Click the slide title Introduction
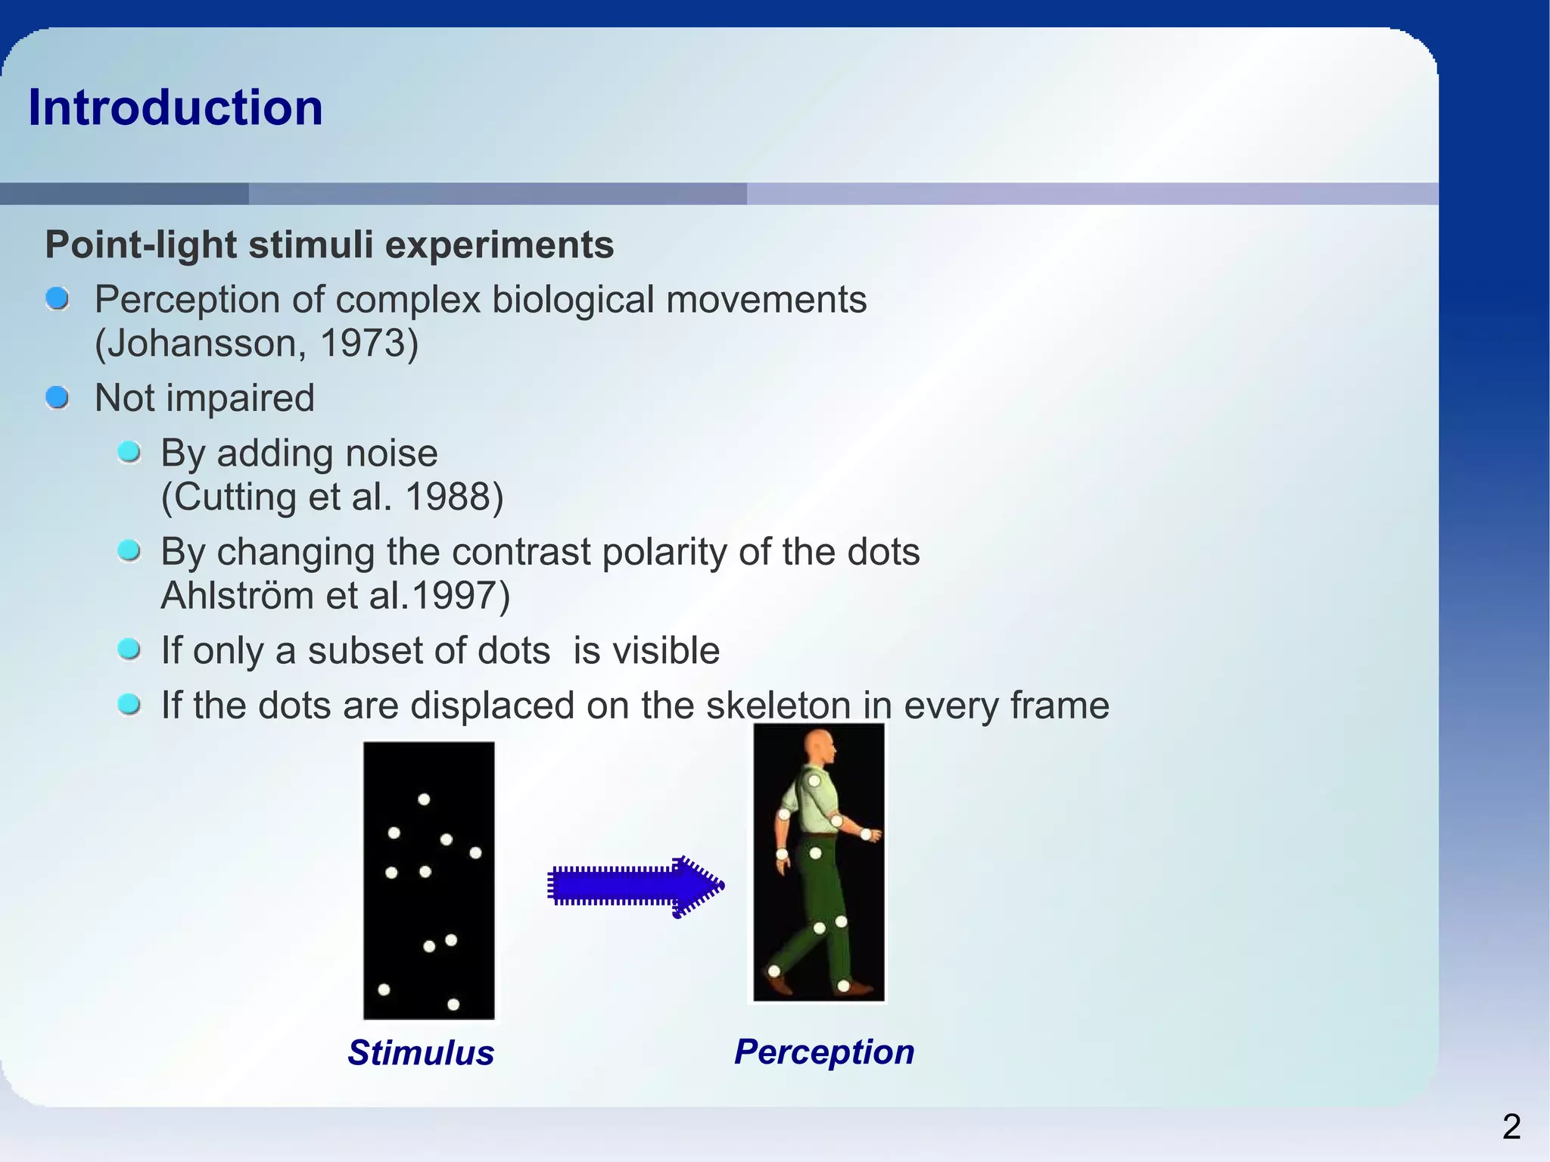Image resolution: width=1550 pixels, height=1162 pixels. [x=175, y=107]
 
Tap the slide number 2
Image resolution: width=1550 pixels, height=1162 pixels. [x=1511, y=1127]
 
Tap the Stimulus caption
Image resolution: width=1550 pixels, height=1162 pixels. [x=421, y=1053]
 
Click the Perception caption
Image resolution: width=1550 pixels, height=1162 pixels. [x=824, y=1052]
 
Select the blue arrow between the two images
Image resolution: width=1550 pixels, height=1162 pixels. [x=634, y=885]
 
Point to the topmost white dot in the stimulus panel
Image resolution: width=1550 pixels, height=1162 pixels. [x=424, y=799]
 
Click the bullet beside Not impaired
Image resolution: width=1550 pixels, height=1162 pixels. [x=58, y=397]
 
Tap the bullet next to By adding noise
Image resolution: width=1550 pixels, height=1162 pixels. [x=129, y=453]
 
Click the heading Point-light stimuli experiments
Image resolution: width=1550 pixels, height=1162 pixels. [x=329, y=245]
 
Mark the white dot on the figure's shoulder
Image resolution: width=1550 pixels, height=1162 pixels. [x=814, y=780]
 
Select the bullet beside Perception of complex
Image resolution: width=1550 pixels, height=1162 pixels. [x=58, y=299]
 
